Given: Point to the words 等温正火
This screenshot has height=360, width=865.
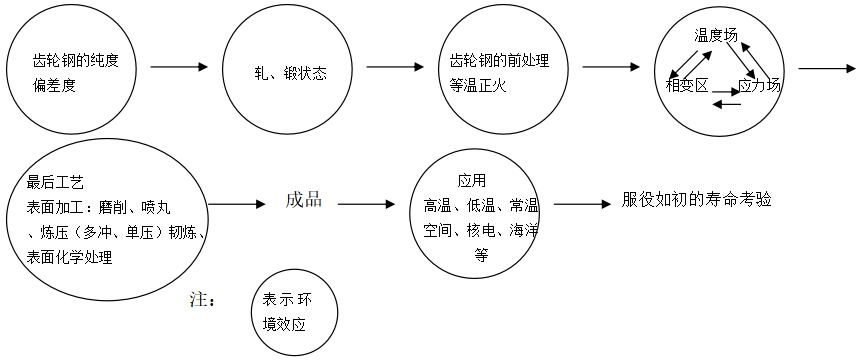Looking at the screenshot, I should [481, 84].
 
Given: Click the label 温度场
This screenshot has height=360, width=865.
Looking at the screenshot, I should [716, 35].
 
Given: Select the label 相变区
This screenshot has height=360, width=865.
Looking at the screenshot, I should [687, 86].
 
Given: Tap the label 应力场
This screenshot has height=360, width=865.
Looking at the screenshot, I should [759, 86].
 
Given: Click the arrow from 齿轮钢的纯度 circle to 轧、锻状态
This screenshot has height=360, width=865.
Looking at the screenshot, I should [179, 68].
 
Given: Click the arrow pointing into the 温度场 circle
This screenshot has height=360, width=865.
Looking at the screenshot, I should [611, 68].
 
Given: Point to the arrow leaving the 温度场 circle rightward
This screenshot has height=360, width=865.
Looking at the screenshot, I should [828, 68].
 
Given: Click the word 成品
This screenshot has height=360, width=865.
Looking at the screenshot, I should [304, 200].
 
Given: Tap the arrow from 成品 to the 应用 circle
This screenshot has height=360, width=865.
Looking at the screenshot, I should [366, 205].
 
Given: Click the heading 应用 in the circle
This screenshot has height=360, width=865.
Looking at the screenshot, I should [471, 181].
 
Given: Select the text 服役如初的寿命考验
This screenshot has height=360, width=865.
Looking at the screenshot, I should [696, 200].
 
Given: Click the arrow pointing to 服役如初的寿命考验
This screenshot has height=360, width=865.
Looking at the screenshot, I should [582, 205].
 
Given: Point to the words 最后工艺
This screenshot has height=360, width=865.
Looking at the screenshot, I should [56, 183].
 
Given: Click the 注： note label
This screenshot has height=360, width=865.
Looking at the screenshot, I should [202, 299].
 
